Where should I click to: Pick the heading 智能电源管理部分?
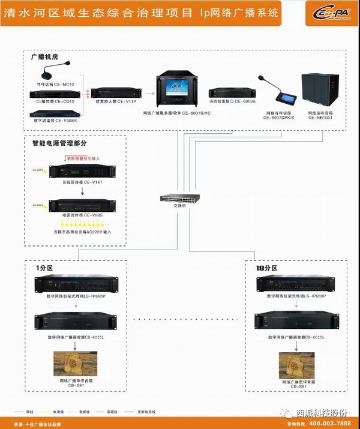point(59,144)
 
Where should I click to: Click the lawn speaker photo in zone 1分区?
point(75,364)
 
